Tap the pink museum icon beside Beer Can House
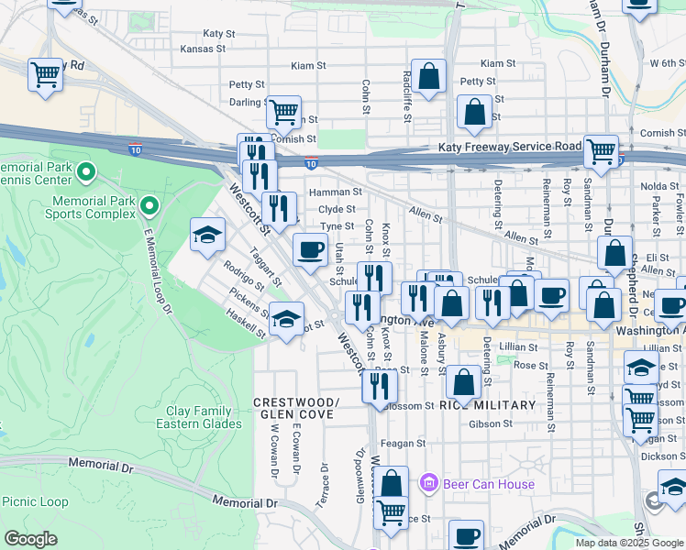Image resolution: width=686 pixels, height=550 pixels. point(426,482)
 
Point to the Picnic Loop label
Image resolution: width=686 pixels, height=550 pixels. point(35,501)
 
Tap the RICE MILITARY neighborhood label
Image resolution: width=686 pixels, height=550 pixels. point(487,405)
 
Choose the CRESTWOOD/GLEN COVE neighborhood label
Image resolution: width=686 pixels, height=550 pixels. point(295,409)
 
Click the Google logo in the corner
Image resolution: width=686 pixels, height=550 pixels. point(30,538)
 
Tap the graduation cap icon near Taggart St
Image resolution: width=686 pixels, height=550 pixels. point(208,236)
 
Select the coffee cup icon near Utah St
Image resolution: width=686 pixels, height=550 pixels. point(310,248)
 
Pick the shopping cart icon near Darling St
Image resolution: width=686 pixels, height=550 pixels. point(284,112)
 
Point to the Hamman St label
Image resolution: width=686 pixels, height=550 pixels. point(336,192)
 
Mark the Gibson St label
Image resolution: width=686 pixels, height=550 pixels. point(491,423)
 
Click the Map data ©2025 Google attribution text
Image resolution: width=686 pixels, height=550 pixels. point(628,542)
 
